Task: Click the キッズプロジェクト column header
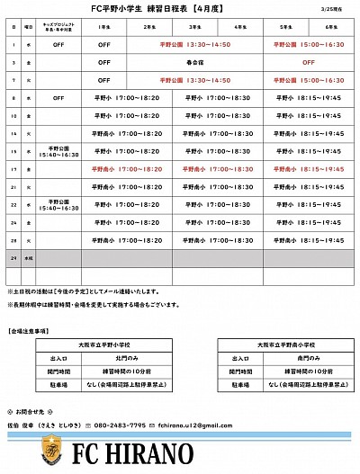[x=58, y=28]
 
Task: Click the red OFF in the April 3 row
[x=308, y=61]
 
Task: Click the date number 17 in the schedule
[x=14, y=168]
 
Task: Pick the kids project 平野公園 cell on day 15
[x=58, y=151]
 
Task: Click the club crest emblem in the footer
[x=57, y=452]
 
